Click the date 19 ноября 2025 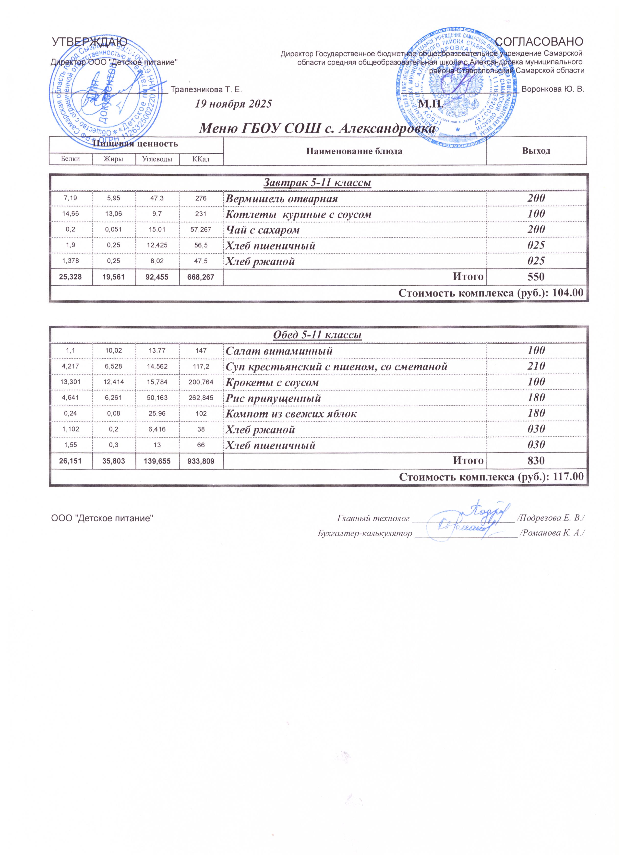tap(233, 104)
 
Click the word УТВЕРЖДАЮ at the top tap(89, 41)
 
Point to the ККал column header tap(201, 159)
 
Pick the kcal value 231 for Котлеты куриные tap(201, 214)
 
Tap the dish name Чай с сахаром tap(262, 230)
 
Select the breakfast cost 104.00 tap(568, 293)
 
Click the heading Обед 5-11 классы tap(317, 335)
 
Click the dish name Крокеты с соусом tap(272, 383)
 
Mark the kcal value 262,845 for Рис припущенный tap(201, 398)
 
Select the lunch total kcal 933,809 tap(201, 461)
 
